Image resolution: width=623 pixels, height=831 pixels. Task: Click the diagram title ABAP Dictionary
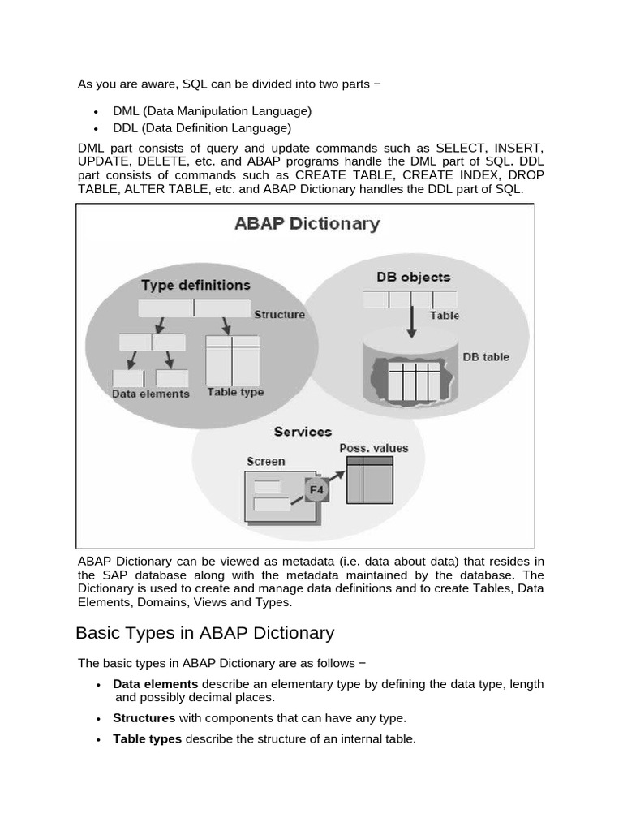click(307, 223)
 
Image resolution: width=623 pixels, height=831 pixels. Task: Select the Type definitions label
click(195, 285)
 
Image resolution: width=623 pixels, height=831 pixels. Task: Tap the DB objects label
click(413, 277)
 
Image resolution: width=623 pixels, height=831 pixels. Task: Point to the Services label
click(303, 432)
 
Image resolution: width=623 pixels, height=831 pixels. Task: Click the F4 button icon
click(317, 490)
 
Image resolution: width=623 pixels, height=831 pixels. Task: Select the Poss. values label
click(373, 447)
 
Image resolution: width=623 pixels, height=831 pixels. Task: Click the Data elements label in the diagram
click(150, 394)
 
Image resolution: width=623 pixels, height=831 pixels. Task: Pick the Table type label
click(235, 391)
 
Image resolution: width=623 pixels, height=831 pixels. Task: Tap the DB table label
click(486, 356)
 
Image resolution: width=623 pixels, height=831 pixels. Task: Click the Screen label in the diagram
click(265, 461)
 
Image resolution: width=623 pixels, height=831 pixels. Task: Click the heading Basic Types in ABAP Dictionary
click(204, 632)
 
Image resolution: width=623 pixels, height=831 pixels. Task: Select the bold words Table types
click(147, 738)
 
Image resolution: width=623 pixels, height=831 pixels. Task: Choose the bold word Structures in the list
click(144, 717)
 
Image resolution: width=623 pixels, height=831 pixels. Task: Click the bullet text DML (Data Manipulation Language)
click(212, 110)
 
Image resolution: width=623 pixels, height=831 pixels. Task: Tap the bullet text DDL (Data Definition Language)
click(202, 127)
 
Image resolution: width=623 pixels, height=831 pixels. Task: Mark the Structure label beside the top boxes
click(279, 314)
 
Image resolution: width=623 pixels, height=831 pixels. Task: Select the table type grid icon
click(232, 360)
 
